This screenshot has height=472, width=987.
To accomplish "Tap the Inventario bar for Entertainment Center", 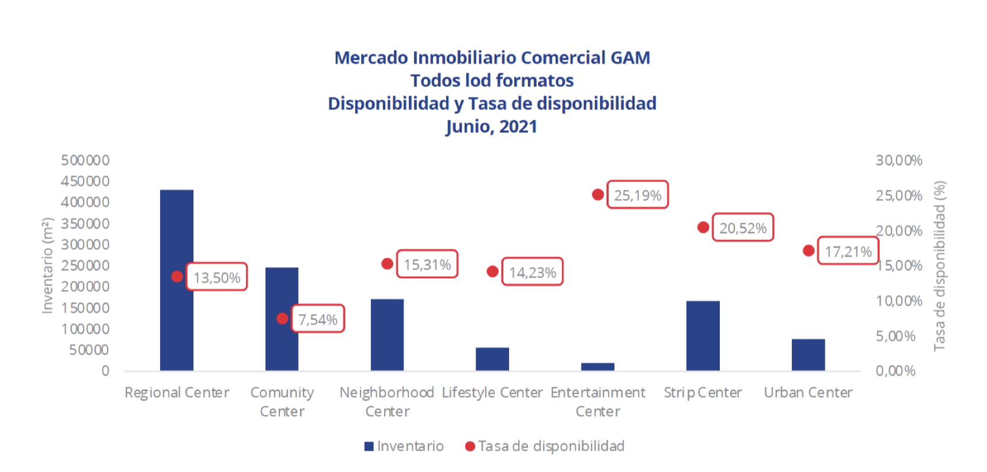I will (598, 367).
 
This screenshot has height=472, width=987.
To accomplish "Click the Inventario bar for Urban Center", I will (808, 355).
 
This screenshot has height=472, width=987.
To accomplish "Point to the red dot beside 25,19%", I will (598, 195).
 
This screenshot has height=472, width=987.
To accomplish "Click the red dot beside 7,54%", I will (282, 318).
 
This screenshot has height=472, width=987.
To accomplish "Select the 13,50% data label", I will (217, 277).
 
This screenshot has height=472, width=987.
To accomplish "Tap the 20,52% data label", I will (743, 228).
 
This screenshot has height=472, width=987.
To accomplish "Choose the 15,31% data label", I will (427, 264).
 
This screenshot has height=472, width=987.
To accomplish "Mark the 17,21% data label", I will (848, 252).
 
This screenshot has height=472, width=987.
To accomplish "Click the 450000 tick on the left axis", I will (85, 181).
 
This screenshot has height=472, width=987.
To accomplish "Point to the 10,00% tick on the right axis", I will (899, 301).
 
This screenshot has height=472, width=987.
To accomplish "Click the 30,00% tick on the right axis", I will (899, 161).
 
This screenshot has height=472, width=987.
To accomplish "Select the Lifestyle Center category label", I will (492, 393).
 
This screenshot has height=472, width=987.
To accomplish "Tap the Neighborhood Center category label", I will (387, 401).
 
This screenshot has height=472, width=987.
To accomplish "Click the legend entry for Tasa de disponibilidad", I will (545, 446).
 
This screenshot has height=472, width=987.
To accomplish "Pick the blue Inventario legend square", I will (369, 446).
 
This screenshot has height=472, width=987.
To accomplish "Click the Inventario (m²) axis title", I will (47, 265).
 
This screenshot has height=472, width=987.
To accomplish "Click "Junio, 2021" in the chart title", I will (492, 127).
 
